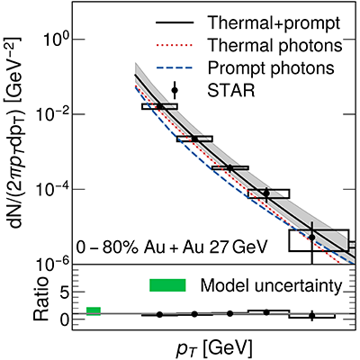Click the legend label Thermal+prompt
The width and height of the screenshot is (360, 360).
[274, 22]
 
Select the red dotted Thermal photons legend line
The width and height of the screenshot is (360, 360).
[175, 46]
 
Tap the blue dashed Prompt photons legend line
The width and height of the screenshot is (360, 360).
[175, 67]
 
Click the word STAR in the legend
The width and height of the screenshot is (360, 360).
[231, 90]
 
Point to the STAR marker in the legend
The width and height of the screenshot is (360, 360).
[175, 90]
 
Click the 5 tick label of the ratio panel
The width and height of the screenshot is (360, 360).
[65, 292]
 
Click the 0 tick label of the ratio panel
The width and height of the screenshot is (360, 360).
[65, 318]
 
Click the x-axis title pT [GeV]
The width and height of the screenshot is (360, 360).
[213, 348]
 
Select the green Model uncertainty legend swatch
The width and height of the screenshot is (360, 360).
[167, 285]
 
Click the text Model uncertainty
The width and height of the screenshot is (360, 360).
[271, 285]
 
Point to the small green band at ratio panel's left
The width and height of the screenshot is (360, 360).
[94, 311]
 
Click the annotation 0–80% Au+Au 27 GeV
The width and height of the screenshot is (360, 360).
[171, 248]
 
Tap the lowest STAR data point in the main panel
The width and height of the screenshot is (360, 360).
[312, 238]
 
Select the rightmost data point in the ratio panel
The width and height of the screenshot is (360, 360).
[312, 316]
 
